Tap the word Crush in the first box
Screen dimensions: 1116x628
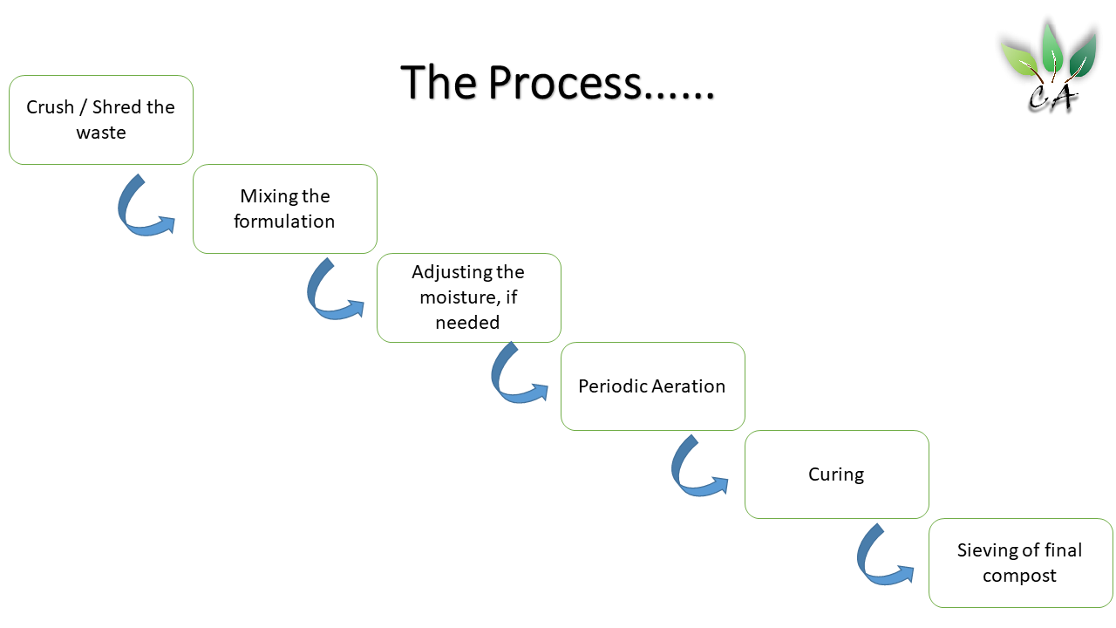point(50,107)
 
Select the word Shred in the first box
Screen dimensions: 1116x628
point(116,107)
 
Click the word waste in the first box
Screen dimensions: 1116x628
point(101,133)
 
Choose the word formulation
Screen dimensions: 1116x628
point(284,222)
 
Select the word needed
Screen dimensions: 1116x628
point(467,323)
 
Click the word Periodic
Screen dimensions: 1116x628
point(612,386)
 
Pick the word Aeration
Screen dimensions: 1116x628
point(689,386)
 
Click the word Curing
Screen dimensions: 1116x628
point(836,474)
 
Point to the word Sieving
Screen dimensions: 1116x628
point(990,550)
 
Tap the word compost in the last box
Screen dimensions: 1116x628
point(1019,577)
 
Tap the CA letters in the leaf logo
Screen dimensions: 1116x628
point(1052,98)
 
